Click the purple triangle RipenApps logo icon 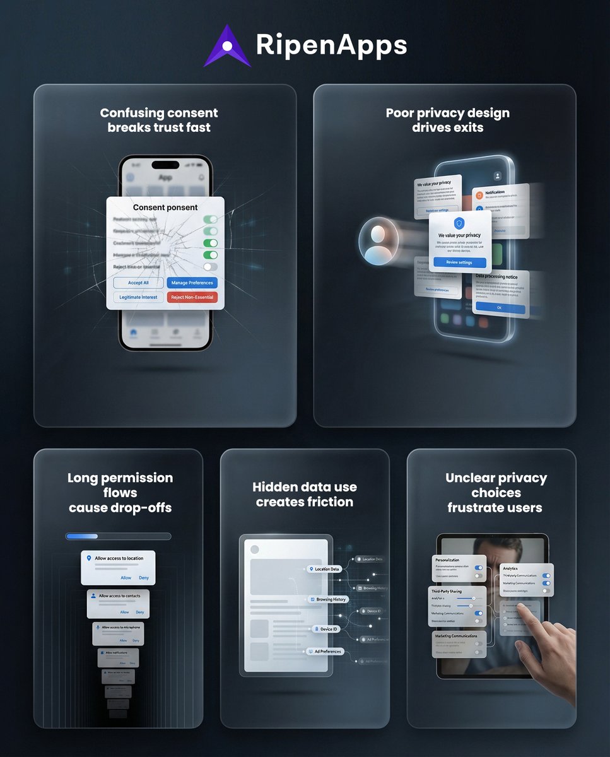coord(227,45)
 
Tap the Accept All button coord(139,283)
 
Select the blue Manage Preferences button coord(192,283)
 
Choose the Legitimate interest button coord(139,297)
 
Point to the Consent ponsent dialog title coord(165,208)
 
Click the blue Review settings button coord(459,262)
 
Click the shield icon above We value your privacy coord(459,223)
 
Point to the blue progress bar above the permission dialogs coord(82,536)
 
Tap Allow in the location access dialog coord(126,578)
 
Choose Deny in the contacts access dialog coord(140,612)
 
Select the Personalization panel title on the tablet coord(447,560)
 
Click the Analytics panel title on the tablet coord(510,568)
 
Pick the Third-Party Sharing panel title coord(447,591)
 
